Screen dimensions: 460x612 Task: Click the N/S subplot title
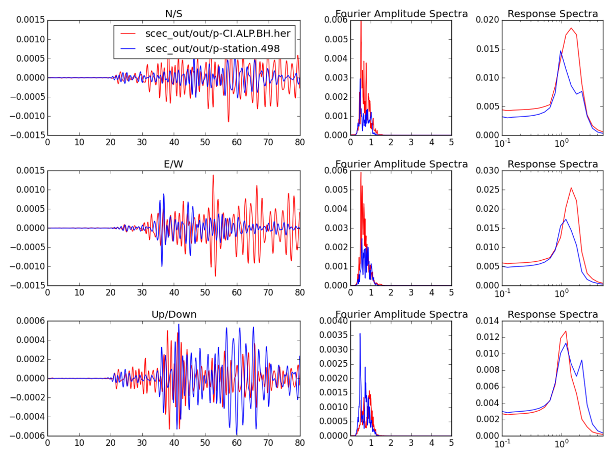[x=174, y=14]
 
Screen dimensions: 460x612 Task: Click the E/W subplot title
[x=174, y=164]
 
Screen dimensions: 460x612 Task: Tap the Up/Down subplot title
[x=174, y=314]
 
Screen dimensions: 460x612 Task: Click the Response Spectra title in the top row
[x=553, y=14]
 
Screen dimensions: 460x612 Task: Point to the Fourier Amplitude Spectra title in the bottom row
[x=401, y=314]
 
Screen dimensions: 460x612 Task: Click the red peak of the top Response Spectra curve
[x=571, y=28]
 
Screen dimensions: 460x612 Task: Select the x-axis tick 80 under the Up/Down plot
[x=300, y=444]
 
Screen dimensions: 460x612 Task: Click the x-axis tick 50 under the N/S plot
[x=206, y=143]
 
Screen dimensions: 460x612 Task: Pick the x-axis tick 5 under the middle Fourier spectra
[x=451, y=293]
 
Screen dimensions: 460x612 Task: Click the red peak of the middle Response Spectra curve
[x=571, y=188]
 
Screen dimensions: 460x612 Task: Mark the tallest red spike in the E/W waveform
[x=213, y=175]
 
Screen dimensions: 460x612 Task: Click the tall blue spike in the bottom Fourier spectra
[x=360, y=334]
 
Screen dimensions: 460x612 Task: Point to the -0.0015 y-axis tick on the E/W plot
[x=25, y=285]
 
